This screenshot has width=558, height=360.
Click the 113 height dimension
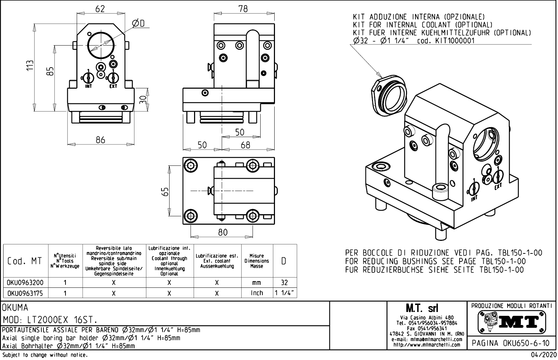(x=31, y=65)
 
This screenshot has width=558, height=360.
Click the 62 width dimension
(x=100, y=9)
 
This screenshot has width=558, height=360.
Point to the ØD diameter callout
(x=138, y=23)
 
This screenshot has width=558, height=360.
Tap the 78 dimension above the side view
(x=243, y=9)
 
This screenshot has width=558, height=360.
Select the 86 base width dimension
(x=100, y=140)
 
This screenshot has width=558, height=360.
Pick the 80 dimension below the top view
(x=222, y=232)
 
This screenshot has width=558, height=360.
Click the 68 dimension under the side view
(x=245, y=145)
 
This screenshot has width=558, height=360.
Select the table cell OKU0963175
(x=25, y=293)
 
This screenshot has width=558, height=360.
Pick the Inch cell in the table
(x=257, y=293)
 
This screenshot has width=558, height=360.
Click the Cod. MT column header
(x=25, y=261)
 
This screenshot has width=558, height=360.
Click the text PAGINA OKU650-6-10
(x=511, y=343)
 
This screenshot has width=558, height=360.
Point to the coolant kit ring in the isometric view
(x=389, y=95)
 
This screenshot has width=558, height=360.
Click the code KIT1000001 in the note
(x=455, y=41)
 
